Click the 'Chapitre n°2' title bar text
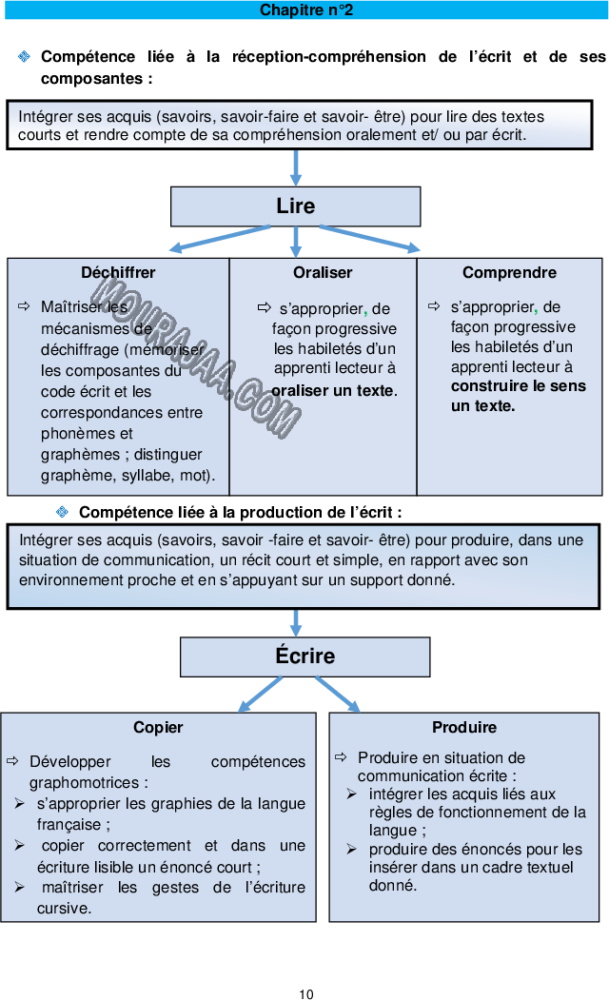pos(306,10)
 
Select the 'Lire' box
pos(295,206)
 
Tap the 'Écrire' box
pos(304,657)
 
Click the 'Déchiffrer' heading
pos(118,273)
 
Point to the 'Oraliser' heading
pos(323,273)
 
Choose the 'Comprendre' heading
pos(509,273)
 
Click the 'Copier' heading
pos(158,728)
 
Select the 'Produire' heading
pos(464,728)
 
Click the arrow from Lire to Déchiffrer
pos(219,239)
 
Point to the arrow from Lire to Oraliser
pos(296,241)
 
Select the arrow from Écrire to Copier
pos(260,695)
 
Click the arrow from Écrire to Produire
pos(338,695)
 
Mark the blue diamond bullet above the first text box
pos(24,57)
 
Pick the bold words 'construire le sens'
pos(519,386)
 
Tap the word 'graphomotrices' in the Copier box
pos(88,783)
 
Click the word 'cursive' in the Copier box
pos(63,909)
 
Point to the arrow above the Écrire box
pos(296,623)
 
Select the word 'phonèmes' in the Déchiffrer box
pos(72,434)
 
